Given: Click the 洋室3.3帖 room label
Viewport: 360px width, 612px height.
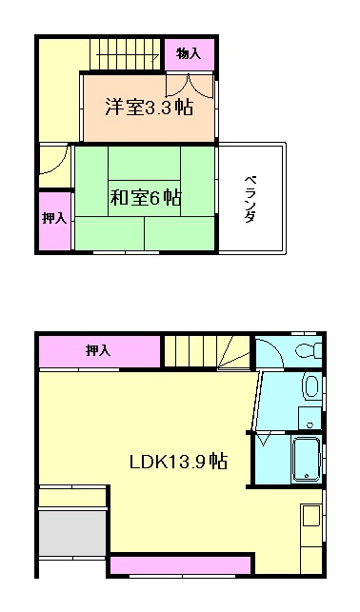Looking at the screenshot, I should [x=148, y=108].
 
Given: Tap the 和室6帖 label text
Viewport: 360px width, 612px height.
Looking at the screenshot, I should [x=146, y=198].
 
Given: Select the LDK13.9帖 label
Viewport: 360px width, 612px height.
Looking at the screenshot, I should [x=178, y=462].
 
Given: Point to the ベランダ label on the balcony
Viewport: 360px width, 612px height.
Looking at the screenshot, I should [x=250, y=198].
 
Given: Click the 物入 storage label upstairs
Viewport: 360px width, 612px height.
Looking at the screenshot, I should [x=188, y=54].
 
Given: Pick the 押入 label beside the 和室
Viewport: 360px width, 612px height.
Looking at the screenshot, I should [x=53, y=219].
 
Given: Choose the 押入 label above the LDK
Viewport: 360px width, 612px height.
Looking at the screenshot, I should [x=98, y=351].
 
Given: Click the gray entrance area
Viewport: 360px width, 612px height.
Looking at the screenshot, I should [x=71, y=531].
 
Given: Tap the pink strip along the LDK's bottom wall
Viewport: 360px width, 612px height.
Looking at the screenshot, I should [x=181, y=566].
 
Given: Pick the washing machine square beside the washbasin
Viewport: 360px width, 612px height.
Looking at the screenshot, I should [x=310, y=417].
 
